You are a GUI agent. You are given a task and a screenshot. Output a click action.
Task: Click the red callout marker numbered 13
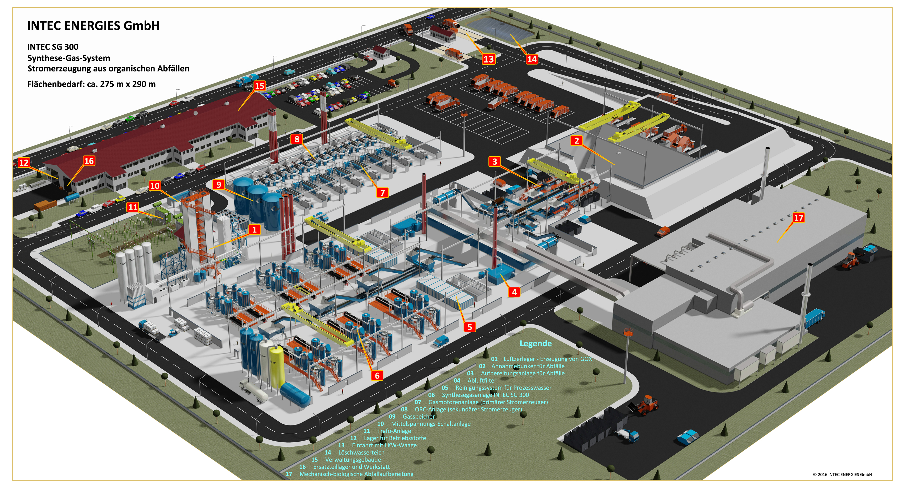(488, 59)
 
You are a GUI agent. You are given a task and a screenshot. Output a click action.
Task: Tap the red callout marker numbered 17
(798, 218)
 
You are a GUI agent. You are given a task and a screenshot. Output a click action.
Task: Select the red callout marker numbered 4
(514, 292)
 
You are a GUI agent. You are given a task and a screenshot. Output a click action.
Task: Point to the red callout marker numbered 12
(24, 163)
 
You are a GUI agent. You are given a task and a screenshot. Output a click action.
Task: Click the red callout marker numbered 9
(218, 185)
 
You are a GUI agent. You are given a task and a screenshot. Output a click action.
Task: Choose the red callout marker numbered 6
(377, 376)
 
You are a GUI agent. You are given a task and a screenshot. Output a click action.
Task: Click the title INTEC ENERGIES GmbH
(93, 26)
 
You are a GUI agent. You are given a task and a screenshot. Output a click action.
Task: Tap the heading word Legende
(535, 343)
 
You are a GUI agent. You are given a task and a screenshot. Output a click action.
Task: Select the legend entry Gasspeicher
(418, 416)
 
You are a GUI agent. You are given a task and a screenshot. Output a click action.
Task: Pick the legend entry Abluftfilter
(482, 380)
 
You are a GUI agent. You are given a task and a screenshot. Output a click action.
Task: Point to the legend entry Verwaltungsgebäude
(353, 460)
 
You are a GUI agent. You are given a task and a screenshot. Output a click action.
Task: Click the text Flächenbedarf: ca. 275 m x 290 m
(91, 84)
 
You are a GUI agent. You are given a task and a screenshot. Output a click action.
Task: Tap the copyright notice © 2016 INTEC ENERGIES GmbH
(842, 474)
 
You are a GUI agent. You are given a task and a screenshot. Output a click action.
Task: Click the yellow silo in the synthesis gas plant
(276, 365)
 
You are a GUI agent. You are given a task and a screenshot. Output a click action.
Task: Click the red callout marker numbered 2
(577, 141)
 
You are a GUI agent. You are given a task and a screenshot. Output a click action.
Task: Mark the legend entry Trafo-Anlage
(394, 431)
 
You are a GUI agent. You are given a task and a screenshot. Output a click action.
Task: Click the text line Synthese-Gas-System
(69, 58)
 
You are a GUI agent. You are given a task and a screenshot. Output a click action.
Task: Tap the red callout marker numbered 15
(260, 86)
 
